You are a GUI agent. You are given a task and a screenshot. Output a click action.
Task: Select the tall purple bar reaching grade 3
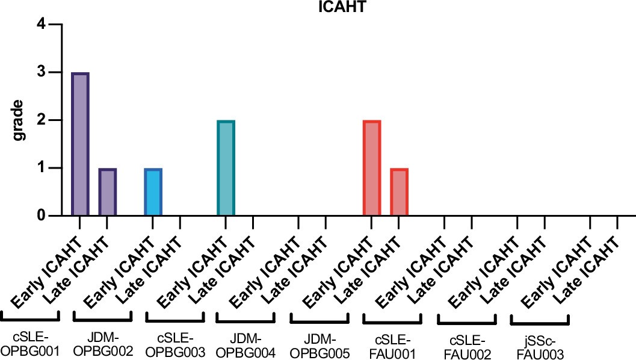[x=80, y=144]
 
